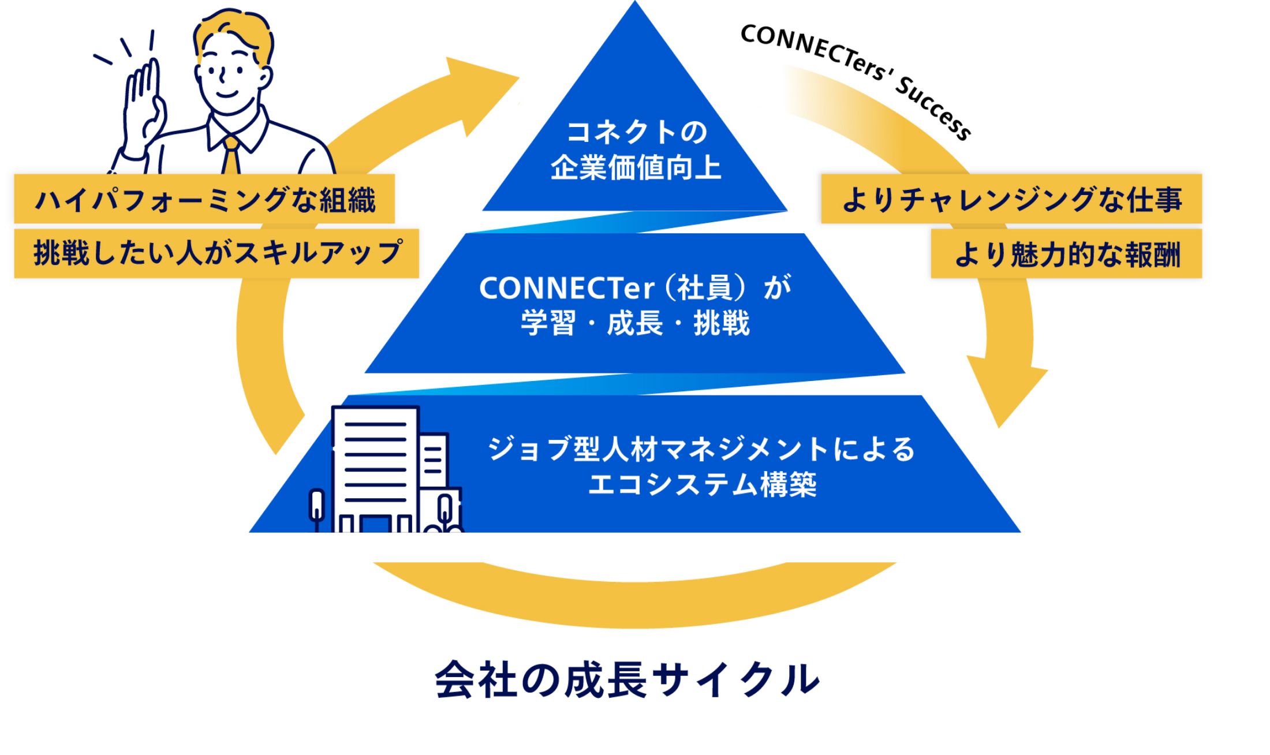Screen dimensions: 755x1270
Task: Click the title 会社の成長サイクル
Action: pyautogui.click(x=627, y=680)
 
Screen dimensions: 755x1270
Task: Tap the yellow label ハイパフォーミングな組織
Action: pyautogui.click(x=204, y=200)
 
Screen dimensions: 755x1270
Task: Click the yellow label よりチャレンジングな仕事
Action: pyautogui.click(x=1011, y=199)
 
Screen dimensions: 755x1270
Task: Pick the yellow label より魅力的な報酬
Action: pyautogui.click(x=1066, y=255)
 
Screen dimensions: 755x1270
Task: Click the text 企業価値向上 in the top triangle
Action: pyautogui.click(x=636, y=168)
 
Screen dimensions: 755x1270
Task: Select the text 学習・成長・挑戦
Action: pyautogui.click(x=635, y=323)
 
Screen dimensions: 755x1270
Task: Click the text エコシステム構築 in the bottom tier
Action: pyautogui.click(x=702, y=484)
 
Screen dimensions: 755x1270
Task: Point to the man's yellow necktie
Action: pyautogui.click(x=231, y=156)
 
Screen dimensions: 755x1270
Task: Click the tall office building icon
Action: pyautogui.click(x=375, y=468)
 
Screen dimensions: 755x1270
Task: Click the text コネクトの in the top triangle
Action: pyautogui.click(x=636, y=132)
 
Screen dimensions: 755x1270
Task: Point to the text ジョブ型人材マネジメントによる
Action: pyautogui.click(x=702, y=449)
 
